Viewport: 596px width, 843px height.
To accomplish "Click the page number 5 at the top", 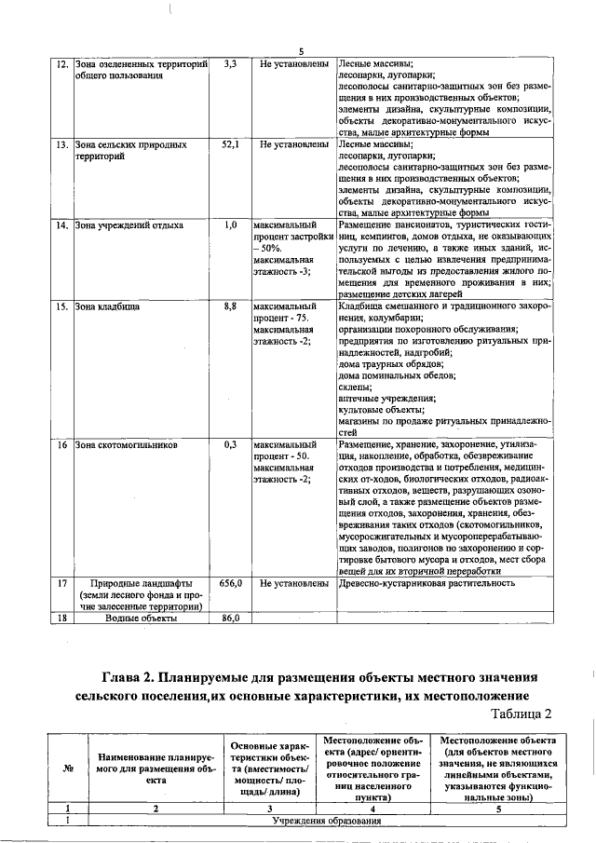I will tap(302, 51).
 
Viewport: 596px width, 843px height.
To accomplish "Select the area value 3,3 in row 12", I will tap(231, 64).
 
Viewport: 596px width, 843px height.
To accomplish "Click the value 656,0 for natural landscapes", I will tap(231, 583).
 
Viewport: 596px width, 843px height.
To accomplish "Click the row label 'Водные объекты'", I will tap(138, 618).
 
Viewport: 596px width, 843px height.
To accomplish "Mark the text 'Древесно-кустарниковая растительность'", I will tap(427, 583).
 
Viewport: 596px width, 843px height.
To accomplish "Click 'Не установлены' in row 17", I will tap(292, 583).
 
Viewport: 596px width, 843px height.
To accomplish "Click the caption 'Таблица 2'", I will tap(521, 714).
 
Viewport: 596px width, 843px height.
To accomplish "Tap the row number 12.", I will tap(61, 64).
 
